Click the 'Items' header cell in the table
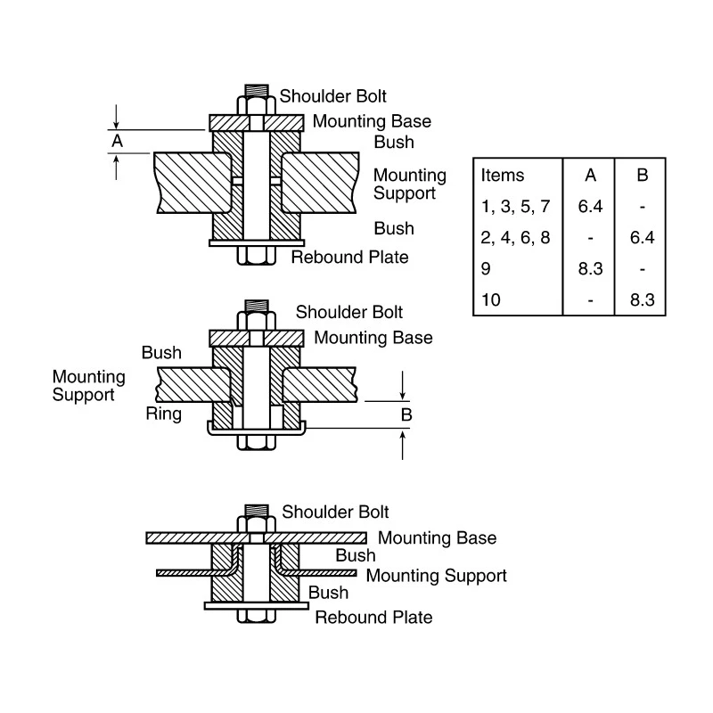[503, 175]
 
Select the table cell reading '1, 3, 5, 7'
[516, 207]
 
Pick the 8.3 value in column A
[590, 269]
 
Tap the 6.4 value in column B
[642, 237]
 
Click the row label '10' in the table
[491, 299]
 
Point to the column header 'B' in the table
[642, 175]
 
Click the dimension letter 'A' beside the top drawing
[118, 141]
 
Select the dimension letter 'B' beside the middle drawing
[406, 414]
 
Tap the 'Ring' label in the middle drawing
[164, 414]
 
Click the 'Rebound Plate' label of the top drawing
[349, 258]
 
